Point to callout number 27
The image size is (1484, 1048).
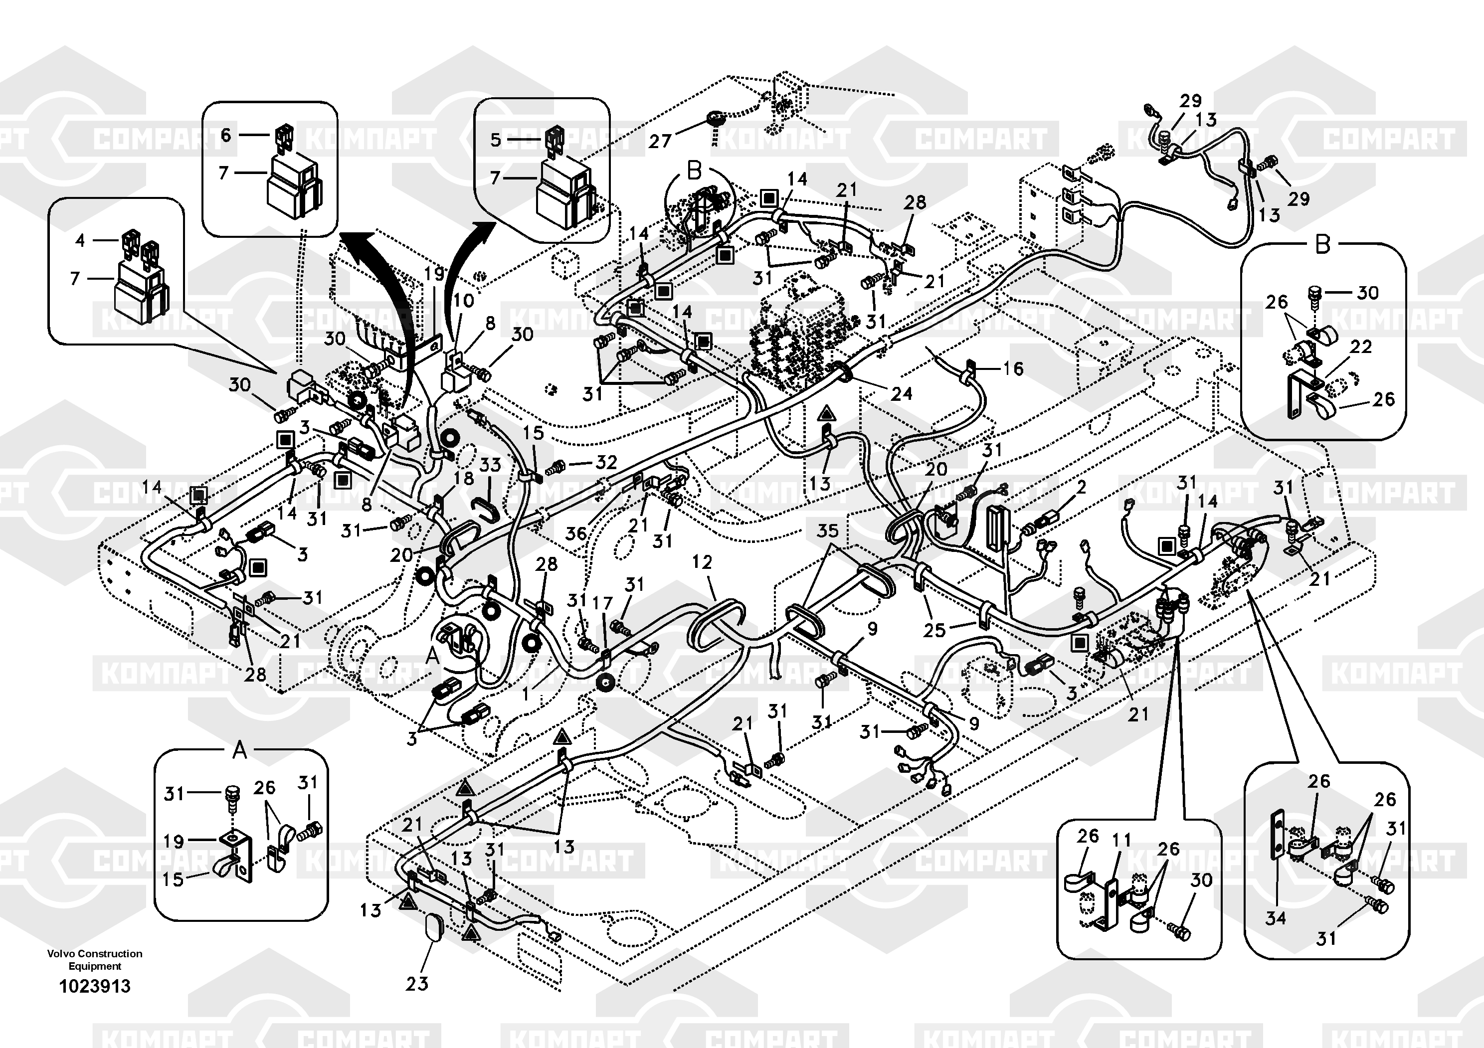click(x=660, y=141)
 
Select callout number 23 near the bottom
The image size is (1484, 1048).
click(x=417, y=983)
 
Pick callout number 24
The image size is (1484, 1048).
click(x=901, y=393)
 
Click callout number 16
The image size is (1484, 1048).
click(x=1013, y=368)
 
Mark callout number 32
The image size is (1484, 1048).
click(x=606, y=462)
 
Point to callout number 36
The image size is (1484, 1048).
click(x=575, y=533)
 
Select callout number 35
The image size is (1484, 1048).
click(x=827, y=530)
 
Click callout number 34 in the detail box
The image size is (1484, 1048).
click(x=1275, y=917)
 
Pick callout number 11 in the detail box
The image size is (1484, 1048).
click(x=1121, y=840)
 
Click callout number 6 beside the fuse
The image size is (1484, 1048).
click(x=225, y=135)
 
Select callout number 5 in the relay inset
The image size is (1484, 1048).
click(x=495, y=140)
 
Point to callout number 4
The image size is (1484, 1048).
click(x=80, y=240)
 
